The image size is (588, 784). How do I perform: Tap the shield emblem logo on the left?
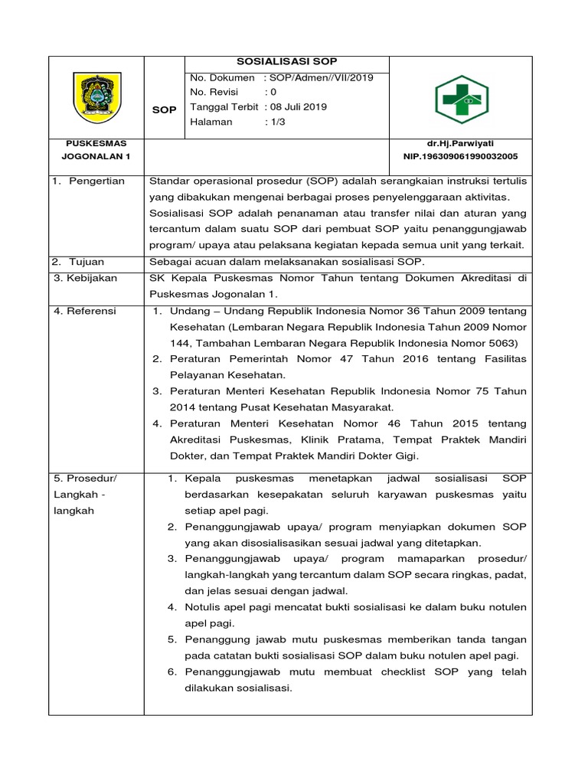point(96,96)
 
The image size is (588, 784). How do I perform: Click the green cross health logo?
point(461,97)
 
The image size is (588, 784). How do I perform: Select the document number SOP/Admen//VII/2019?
point(318,78)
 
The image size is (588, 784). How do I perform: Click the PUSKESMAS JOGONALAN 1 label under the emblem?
point(96,149)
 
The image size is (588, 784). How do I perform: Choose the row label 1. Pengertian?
point(89,181)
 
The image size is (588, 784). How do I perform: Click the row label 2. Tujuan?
point(80,262)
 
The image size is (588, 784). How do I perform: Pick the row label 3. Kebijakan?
point(86,278)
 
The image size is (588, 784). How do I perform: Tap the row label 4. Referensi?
point(85,311)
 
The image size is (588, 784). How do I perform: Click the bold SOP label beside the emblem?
point(164,109)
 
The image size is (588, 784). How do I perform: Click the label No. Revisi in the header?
point(214,93)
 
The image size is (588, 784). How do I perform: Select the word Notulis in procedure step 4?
point(204,607)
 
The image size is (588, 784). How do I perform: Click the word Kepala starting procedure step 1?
point(202,479)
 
